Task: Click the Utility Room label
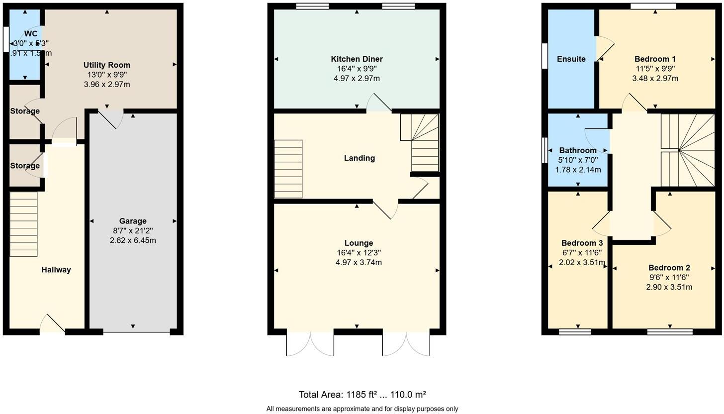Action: pos(107,65)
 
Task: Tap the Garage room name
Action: pos(133,221)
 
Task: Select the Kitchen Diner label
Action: pos(357,59)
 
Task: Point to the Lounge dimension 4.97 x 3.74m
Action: pos(359,262)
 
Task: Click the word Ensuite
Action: pos(571,59)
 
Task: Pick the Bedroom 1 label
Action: pos(655,59)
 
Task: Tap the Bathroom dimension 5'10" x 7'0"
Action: pos(578,160)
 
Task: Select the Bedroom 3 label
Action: pos(582,243)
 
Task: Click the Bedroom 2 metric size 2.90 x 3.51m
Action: pos(669,287)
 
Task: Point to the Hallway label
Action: pos(56,270)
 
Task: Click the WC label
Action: pos(31,34)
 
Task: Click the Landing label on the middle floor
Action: pos(359,158)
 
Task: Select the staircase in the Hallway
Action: pos(23,224)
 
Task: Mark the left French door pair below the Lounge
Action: pos(310,343)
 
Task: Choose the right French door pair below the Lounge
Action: pos(406,343)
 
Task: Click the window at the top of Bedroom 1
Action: pos(653,6)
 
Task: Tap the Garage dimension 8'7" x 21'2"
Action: pos(133,231)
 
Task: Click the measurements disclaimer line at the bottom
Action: pos(362,409)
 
